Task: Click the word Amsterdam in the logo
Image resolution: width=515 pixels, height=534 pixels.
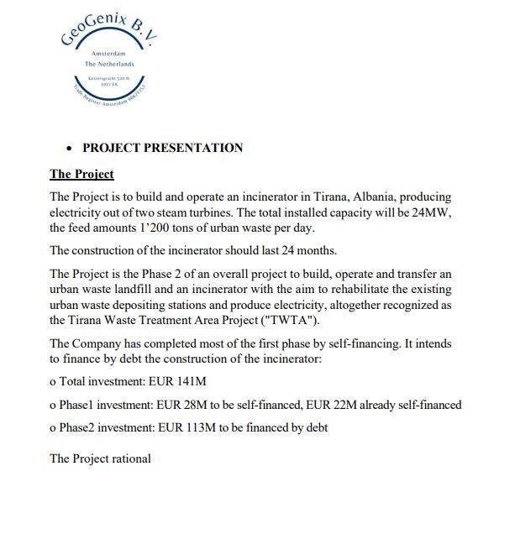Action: (108, 53)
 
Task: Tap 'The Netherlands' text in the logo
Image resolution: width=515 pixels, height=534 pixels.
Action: (109, 64)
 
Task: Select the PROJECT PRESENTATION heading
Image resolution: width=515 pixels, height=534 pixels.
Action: (162, 148)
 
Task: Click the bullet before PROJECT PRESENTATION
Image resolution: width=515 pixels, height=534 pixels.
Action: (69, 149)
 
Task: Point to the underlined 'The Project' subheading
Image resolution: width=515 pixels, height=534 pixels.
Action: (81, 175)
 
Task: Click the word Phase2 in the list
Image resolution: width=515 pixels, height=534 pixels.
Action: (78, 427)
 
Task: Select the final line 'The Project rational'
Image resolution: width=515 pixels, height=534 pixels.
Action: (101, 458)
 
